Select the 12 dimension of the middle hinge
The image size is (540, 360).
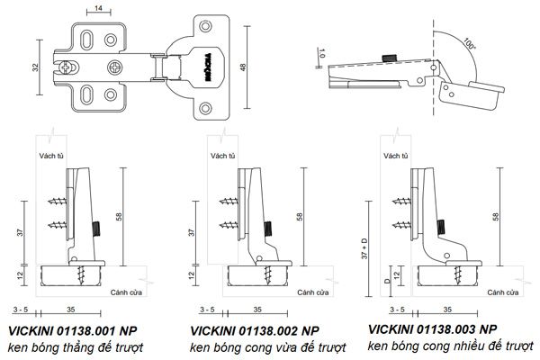190,274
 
